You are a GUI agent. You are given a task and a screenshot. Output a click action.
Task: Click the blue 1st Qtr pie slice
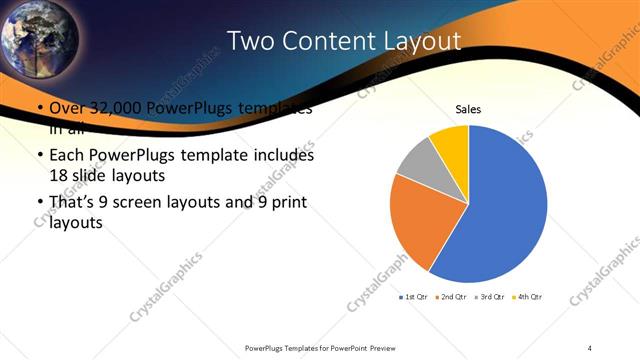point(500,210)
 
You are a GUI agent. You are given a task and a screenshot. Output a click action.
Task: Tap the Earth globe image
point(38,38)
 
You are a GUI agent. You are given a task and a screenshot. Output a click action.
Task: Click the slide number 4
point(590,347)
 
